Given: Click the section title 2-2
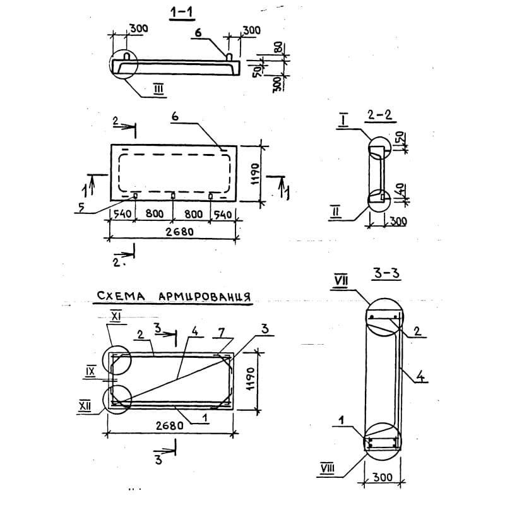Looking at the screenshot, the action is [380, 115].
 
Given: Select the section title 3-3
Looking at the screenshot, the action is [386, 273].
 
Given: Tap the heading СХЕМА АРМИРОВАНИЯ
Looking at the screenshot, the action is [173, 296].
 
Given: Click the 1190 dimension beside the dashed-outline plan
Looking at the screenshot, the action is [255, 174].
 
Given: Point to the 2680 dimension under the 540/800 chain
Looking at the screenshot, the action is [179, 232].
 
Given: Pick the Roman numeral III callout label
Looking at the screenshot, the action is [158, 88].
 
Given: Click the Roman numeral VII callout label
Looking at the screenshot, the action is [341, 280].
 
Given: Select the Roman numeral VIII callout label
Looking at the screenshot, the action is [328, 468].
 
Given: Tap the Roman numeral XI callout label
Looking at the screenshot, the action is [116, 318].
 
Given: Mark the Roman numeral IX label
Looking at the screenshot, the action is [90, 372].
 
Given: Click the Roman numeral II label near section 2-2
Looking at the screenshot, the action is [335, 212].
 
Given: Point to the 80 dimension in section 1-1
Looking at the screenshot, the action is [278, 47].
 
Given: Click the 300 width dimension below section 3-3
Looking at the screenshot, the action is [383, 477].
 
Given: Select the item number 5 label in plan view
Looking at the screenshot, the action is [81, 207].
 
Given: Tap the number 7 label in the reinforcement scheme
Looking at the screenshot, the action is [222, 332].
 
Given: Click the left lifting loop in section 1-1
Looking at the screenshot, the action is [127, 56].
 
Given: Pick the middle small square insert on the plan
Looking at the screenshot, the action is [173, 196].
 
